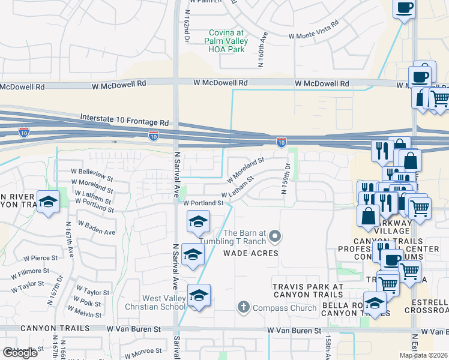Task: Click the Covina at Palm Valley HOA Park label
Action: pos(228,41)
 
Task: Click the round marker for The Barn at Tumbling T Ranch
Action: pos(274,236)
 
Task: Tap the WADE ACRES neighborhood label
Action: pos(251,253)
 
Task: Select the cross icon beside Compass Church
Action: pos(243,308)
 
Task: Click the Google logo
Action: pos(20,353)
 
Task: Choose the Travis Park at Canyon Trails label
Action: pos(308,290)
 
